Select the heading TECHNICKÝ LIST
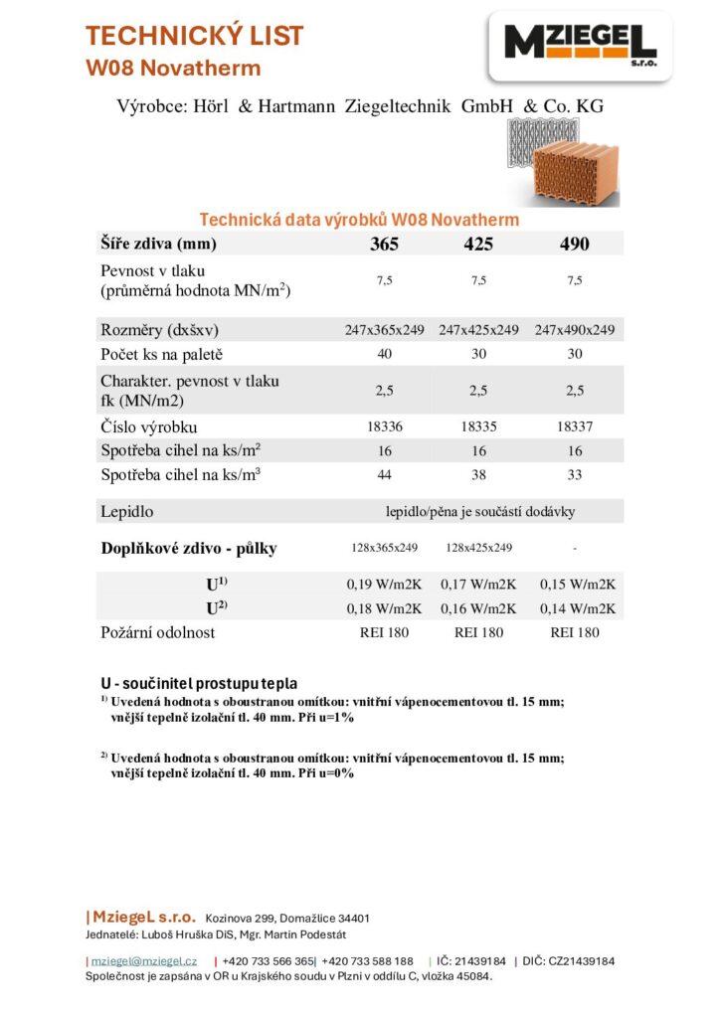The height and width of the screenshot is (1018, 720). click(194, 37)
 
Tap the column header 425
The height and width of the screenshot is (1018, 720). click(478, 244)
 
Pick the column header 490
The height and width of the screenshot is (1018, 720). click(575, 244)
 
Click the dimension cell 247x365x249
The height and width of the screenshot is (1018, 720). click(384, 330)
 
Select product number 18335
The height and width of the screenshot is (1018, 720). click(478, 427)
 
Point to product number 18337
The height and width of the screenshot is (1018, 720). click(575, 427)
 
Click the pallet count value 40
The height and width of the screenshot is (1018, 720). click(384, 355)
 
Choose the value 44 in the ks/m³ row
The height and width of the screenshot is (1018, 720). click(384, 475)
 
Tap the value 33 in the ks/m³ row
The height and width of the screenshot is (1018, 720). click(575, 475)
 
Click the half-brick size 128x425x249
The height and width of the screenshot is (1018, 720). click(478, 548)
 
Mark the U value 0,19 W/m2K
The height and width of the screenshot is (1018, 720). click(384, 585)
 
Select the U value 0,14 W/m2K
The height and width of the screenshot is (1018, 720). click(577, 608)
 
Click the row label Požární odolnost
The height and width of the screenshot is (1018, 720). click(157, 632)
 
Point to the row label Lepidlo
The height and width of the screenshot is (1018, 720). click(127, 512)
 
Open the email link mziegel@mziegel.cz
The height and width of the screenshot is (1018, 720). click(144, 961)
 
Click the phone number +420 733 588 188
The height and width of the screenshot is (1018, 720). click(367, 961)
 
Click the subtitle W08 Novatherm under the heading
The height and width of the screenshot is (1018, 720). click(173, 69)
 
